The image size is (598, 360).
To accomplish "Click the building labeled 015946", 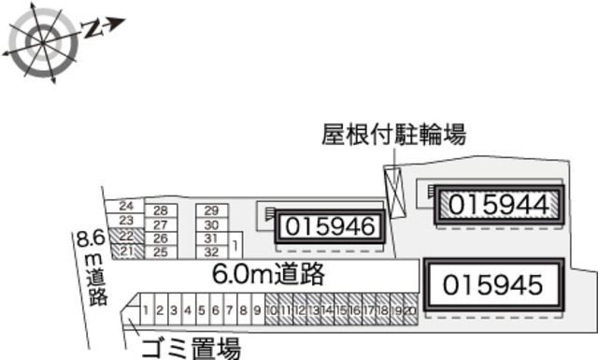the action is click(x=330, y=226).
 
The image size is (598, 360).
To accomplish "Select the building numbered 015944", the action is click(x=499, y=203).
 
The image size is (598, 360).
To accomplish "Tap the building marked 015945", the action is click(x=492, y=284).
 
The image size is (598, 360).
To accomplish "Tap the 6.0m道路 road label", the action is click(x=268, y=274).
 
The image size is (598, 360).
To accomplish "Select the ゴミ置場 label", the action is click(x=191, y=349).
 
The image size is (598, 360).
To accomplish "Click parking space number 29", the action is click(x=211, y=210).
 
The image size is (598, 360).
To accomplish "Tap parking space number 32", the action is click(x=211, y=252).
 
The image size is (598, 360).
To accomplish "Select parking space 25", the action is click(x=160, y=252).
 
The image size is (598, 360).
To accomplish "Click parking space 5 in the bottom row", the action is click(x=202, y=310).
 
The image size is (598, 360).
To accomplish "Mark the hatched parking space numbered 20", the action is click(x=409, y=310).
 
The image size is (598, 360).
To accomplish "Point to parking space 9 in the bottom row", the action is click(x=257, y=310).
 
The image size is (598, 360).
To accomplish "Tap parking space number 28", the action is click(x=160, y=210).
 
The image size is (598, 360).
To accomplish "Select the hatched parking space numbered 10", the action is click(x=271, y=310).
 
